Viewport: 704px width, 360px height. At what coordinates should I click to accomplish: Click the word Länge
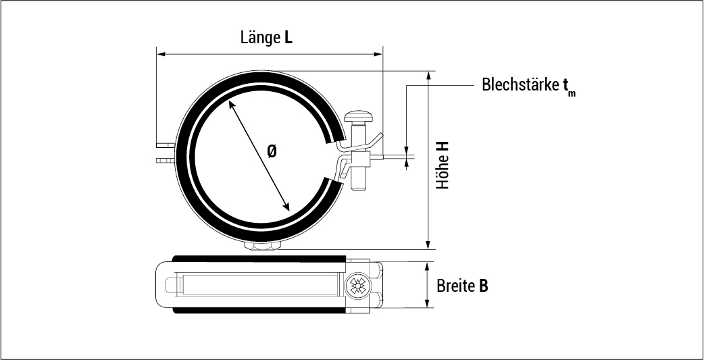coord(259,37)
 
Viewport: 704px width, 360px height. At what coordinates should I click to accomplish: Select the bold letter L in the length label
coord(288,38)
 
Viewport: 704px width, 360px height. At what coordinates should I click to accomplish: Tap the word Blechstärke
coord(520,86)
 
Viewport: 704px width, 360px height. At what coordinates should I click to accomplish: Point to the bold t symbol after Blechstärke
coord(565,86)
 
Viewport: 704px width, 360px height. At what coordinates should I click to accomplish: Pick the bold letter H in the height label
coord(443,147)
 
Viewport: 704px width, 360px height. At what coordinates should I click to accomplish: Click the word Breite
coord(455,286)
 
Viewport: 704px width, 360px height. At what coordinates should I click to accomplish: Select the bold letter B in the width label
coord(483,286)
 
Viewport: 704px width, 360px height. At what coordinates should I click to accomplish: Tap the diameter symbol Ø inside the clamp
coord(272,153)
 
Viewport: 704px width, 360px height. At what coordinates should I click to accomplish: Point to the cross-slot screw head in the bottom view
coord(359,286)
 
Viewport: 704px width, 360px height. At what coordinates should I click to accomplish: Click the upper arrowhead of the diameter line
coord(232,105)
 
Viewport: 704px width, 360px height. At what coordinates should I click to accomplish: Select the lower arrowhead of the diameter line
coord(286,207)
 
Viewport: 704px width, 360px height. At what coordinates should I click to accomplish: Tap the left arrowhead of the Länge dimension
coord(161,53)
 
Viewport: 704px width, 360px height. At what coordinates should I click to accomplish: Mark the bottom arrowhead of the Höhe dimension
coord(428,245)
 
